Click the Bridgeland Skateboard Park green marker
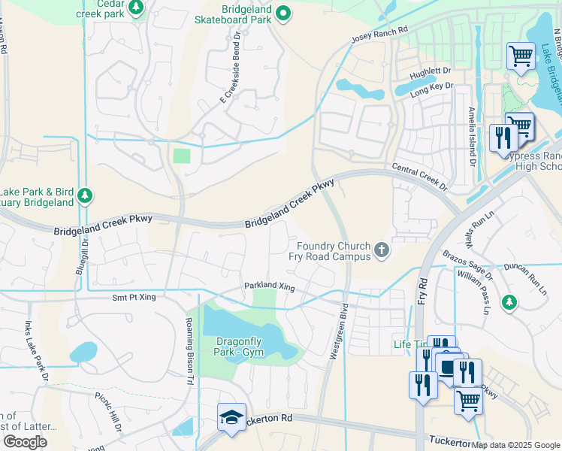pyautogui.click(x=283, y=12)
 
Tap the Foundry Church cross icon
pyautogui.click(x=382, y=249)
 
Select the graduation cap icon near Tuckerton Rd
pyautogui.click(x=231, y=418)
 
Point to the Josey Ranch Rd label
pyautogui.click(x=379, y=35)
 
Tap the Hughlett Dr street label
pyautogui.click(x=430, y=71)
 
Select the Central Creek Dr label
pyautogui.click(x=419, y=177)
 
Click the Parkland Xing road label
pyautogui.click(x=268, y=286)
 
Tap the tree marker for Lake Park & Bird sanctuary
pyautogui.click(x=85, y=196)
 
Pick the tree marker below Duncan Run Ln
pyautogui.click(x=509, y=301)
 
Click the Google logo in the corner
pyautogui.click(x=25, y=441)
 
